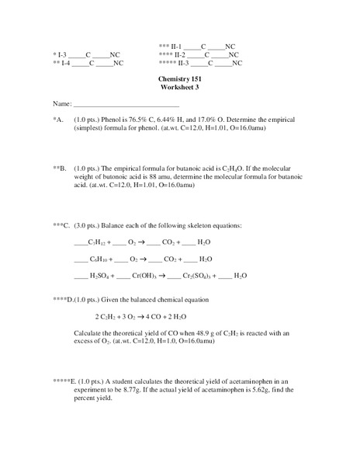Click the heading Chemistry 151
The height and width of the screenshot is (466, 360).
coord(179,81)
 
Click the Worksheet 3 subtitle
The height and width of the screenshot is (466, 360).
coord(179,89)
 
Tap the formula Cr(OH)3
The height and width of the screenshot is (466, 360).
coord(144,276)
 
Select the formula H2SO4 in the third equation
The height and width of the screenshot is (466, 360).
coord(101,276)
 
